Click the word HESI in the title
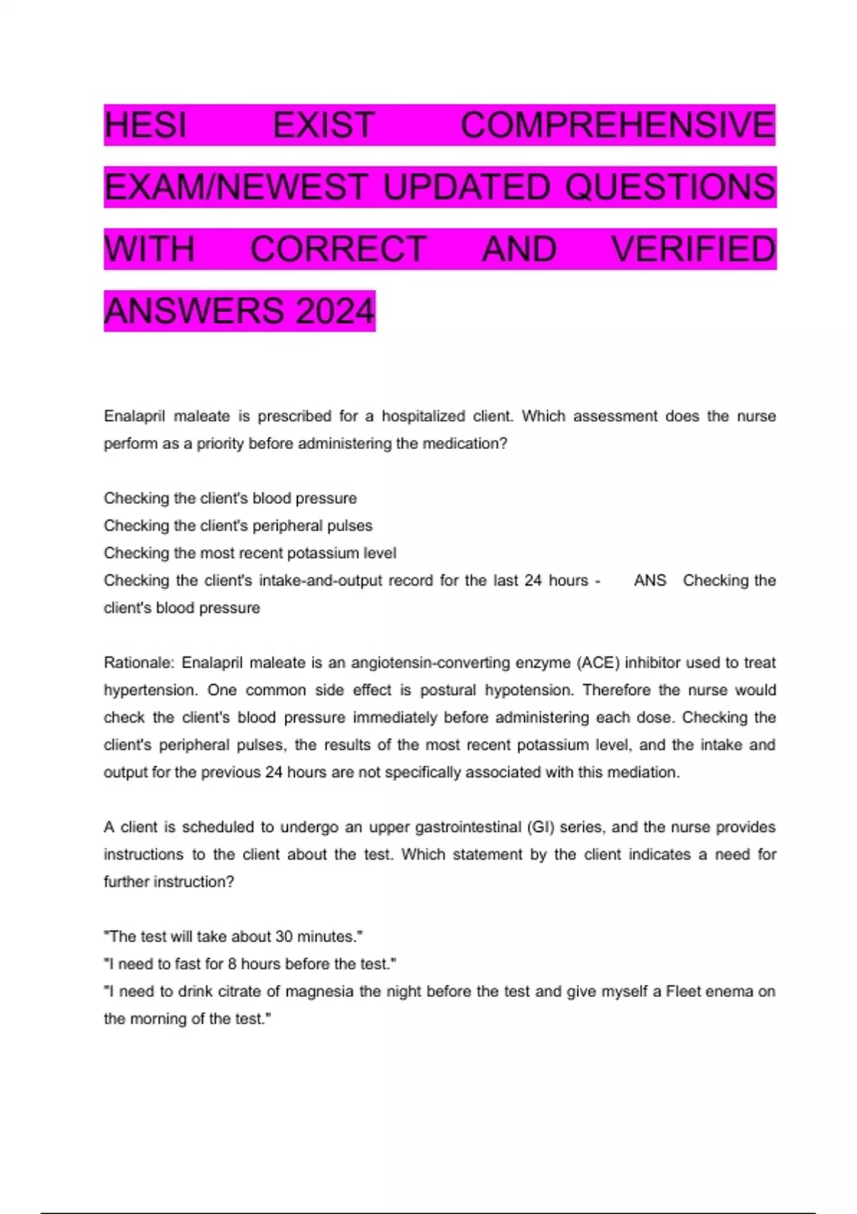pos(145,125)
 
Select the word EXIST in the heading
pos(324,125)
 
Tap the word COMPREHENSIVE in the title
pos(618,125)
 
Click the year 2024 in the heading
pos(335,311)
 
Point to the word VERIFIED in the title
pos(693,249)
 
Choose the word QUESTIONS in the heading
pos(670,187)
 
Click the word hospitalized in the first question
pos(423,416)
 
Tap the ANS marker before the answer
pos(650,581)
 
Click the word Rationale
pos(139,663)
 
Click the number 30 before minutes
pos(284,937)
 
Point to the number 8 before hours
pos(232,964)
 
